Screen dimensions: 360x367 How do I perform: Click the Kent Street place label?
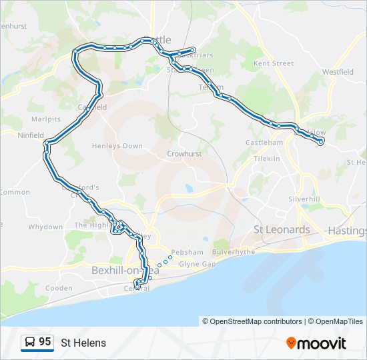pyautogui.click(x=274, y=64)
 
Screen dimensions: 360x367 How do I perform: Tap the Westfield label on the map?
pyautogui.click(x=338, y=71)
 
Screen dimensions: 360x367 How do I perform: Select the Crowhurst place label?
pyautogui.click(x=184, y=153)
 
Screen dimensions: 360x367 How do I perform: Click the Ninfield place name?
pyautogui.click(x=31, y=135)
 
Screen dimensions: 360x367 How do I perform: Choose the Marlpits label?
pyautogui.click(x=46, y=119)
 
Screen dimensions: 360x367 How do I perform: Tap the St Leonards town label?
pyautogui.click(x=282, y=230)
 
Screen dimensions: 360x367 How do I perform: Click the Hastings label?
pyautogui.click(x=347, y=231)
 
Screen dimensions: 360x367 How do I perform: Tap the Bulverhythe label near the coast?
pyautogui.click(x=234, y=252)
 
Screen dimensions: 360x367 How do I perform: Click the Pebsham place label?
pyautogui.click(x=187, y=252)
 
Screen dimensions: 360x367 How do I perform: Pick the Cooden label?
pyautogui.click(x=59, y=288)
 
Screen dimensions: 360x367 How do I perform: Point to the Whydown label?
pyautogui.click(x=45, y=227)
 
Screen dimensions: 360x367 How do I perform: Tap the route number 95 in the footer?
pyautogui.click(x=45, y=342)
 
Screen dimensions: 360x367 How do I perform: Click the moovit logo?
pyautogui.click(x=316, y=343)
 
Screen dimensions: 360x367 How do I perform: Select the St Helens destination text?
pyautogui.click(x=83, y=343)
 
